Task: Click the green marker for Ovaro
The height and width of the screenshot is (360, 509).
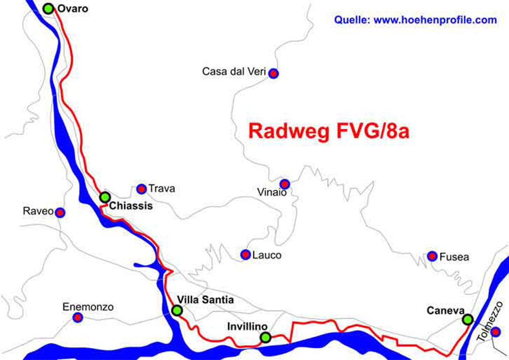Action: [x=48, y=8]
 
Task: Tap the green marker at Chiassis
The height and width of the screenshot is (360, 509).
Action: [x=105, y=197]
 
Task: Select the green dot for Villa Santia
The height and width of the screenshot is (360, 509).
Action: [x=177, y=310]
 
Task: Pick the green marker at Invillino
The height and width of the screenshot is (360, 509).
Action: [x=265, y=337]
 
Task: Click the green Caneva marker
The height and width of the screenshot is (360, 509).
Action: [x=467, y=320]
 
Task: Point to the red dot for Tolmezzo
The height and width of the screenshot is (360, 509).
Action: [x=496, y=332]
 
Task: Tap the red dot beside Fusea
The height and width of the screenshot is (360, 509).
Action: [x=432, y=256]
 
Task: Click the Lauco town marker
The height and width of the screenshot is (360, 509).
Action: [x=245, y=254]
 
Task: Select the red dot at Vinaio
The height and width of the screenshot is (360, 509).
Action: [x=285, y=184]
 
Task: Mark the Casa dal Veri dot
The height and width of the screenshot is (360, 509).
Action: [x=274, y=73]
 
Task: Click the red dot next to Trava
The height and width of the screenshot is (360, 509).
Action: [x=142, y=189]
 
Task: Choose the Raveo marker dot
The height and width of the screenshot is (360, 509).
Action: [x=60, y=212]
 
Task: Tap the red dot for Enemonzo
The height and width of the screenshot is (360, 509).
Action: [x=78, y=318]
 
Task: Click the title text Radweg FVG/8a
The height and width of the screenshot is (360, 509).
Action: [x=329, y=131]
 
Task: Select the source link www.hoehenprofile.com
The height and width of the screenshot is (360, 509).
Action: [x=435, y=20]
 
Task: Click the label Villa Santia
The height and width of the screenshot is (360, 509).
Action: [x=205, y=300]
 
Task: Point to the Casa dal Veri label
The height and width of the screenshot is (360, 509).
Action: [x=234, y=72]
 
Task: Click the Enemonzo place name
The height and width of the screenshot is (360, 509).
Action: [x=88, y=308]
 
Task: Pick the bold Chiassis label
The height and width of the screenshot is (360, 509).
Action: [x=131, y=206]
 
